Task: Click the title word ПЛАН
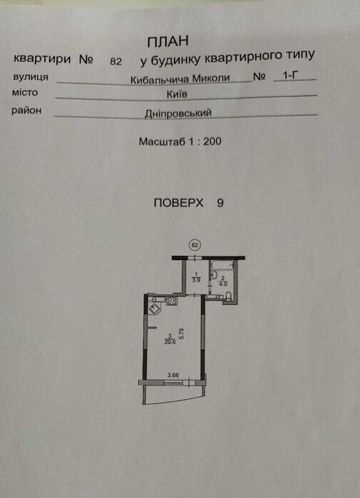(x=168, y=41)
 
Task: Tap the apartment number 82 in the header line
(x=115, y=61)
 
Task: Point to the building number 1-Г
(x=291, y=76)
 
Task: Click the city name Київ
(x=177, y=94)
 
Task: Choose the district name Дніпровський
(x=178, y=113)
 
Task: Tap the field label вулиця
(x=31, y=77)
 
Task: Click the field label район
(x=26, y=110)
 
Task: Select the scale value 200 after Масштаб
(x=212, y=141)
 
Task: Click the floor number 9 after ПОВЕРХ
(x=220, y=203)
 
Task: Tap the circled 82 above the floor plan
(x=195, y=245)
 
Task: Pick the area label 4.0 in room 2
(x=223, y=284)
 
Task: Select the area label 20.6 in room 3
(x=170, y=342)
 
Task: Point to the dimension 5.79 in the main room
(x=182, y=334)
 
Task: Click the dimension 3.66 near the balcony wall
(x=173, y=375)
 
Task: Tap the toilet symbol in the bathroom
(x=228, y=296)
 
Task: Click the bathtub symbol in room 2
(x=222, y=265)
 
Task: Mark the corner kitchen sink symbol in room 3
(x=155, y=308)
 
